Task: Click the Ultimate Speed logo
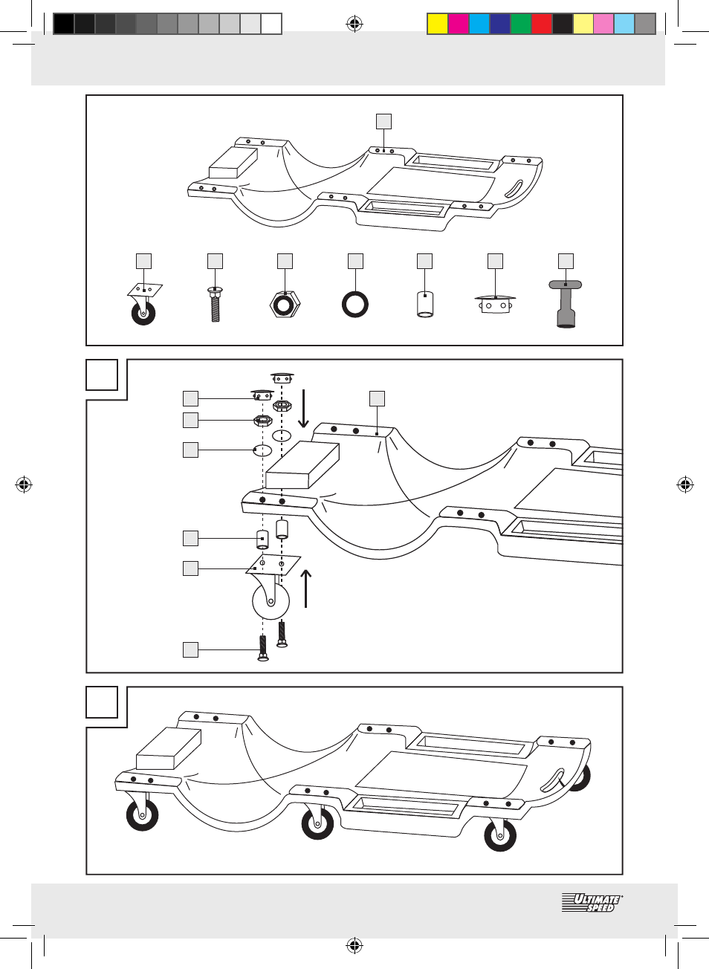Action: [592, 903]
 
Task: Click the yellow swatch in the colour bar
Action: [437, 24]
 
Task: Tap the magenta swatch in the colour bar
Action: [458, 24]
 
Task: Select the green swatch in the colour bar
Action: [520, 24]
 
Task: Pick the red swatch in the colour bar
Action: [541, 24]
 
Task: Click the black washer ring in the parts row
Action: [355, 304]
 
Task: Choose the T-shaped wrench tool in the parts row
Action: [566, 304]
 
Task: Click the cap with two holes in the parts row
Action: [495, 304]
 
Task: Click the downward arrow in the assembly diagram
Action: [303, 409]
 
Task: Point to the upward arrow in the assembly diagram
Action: [305, 589]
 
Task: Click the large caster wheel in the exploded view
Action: [271, 599]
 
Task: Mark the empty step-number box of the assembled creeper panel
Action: [102, 702]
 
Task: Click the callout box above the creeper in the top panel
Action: [383, 121]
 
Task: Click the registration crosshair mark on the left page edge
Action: [24, 485]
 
